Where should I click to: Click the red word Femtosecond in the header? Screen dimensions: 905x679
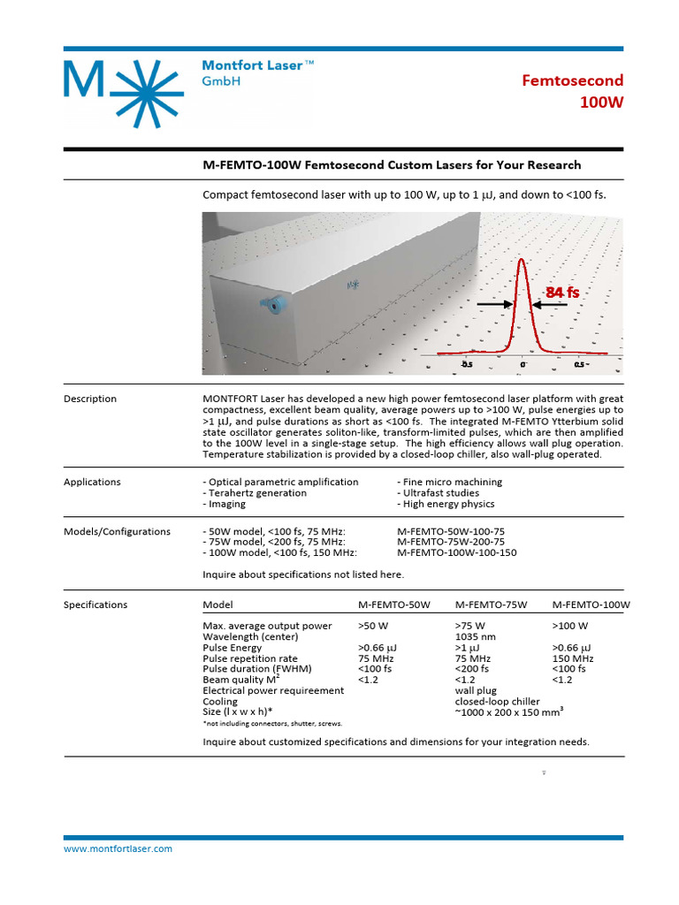coord(572,81)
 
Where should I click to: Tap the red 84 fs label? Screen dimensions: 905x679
coord(561,292)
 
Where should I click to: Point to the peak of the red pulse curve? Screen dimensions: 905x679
coord(522,260)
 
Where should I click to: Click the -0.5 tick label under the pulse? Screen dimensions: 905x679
coord(466,363)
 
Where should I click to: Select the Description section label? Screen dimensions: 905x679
coord(90,399)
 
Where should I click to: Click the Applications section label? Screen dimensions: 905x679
coord(92,482)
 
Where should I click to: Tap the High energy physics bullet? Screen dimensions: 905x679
coord(450,504)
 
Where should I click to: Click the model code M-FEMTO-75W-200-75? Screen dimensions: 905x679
coord(451,542)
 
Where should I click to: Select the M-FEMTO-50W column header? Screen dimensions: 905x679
coord(393,605)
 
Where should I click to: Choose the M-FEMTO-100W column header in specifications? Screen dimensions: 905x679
coord(591,605)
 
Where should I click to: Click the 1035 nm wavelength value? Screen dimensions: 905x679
coord(475,636)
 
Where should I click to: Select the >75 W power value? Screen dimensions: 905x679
coord(470,626)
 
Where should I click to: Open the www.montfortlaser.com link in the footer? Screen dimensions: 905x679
coord(118,848)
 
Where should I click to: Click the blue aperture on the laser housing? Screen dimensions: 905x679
coord(272,306)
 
